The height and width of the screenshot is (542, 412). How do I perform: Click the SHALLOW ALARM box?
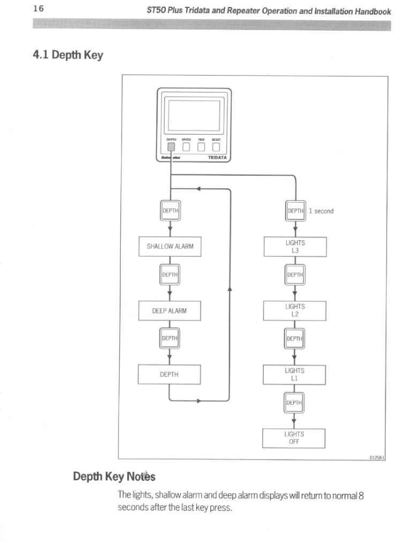(x=170, y=247)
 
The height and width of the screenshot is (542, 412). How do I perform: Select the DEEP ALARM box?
(x=169, y=311)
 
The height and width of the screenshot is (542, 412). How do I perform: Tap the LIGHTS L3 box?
(x=295, y=247)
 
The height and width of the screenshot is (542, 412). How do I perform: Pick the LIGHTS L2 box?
(x=294, y=310)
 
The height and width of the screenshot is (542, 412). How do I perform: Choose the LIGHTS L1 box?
(x=294, y=374)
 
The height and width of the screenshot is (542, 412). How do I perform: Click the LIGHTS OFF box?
(x=294, y=438)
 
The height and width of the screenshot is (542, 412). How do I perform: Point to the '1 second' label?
(x=321, y=211)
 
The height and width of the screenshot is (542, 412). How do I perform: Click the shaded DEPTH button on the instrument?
(x=171, y=146)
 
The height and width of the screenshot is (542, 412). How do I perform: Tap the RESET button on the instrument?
(x=216, y=146)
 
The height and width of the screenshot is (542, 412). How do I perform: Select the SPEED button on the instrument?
(x=186, y=146)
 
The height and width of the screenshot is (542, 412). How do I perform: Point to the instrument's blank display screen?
(x=194, y=116)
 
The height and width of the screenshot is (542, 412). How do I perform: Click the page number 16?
(x=38, y=9)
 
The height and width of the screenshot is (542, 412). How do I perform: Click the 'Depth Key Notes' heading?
(x=114, y=476)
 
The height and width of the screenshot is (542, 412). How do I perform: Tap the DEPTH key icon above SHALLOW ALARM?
(x=170, y=211)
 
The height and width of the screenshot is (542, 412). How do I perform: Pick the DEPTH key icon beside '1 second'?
(x=296, y=211)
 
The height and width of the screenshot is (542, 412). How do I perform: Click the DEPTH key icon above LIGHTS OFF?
(x=294, y=403)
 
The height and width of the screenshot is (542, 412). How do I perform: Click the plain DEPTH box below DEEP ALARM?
(x=169, y=374)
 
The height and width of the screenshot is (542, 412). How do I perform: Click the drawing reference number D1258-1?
(x=377, y=457)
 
